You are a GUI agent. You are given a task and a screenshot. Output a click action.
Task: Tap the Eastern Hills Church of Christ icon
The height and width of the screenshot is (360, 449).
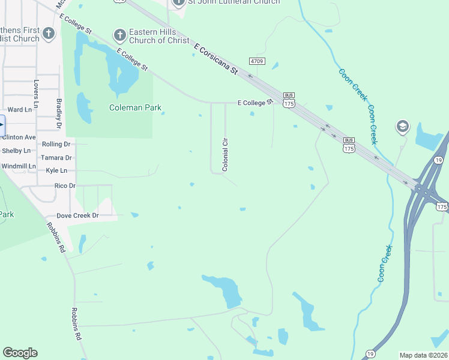[x=119, y=35]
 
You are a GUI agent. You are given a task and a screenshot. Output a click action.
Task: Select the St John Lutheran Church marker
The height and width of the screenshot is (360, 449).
[x=178, y=2]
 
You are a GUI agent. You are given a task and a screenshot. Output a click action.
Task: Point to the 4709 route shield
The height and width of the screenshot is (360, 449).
[x=258, y=61]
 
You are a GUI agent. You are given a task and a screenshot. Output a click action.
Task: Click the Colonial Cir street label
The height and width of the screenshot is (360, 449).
[x=226, y=155]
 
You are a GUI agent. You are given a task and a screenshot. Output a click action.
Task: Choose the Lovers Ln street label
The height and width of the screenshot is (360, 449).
[x=37, y=95]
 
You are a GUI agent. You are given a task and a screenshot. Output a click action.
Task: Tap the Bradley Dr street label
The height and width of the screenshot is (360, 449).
[x=59, y=114]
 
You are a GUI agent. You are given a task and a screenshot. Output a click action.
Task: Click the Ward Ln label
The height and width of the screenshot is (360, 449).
[x=20, y=110]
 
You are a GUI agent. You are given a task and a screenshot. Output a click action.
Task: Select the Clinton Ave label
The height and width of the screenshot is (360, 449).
[x=18, y=137]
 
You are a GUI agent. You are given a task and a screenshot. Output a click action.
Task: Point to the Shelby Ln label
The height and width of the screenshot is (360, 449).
[x=16, y=151]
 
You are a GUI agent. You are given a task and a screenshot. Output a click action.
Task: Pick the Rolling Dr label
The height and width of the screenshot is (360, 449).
[x=56, y=145]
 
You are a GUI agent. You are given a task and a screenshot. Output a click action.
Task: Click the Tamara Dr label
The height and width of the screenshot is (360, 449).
[x=56, y=158]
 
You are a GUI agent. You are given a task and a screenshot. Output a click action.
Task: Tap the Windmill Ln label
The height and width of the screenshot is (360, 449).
[x=19, y=166]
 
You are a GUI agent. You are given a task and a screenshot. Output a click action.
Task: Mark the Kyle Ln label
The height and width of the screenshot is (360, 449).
[x=56, y=171]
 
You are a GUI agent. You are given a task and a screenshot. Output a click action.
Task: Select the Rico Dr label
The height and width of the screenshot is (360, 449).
[x=65, y=186]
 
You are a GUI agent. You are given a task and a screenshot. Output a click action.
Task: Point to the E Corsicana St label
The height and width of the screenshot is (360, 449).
[x=215, y=58]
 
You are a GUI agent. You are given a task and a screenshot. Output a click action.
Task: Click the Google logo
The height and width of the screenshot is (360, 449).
[x=20, y=353]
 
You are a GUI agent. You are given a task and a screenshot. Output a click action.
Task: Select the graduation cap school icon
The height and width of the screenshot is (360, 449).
[x=402, y=126]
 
